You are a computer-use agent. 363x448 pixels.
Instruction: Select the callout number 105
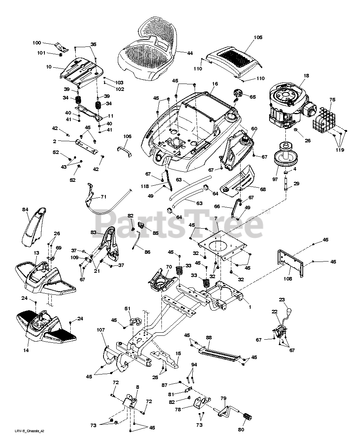pyautogui.click(x=258, y=38)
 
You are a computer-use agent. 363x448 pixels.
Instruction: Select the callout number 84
pyautogui.click(x=25, y=209)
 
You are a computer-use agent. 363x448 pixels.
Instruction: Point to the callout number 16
pyautogui.click(x=215, y=84)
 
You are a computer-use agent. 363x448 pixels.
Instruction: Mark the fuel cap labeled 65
pyautogui.click(x=237, y=94)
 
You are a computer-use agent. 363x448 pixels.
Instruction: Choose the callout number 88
pyautogui.click(x=209, y=337)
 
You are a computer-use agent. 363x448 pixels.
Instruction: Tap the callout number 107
pyautogui.click(x=101, y=330)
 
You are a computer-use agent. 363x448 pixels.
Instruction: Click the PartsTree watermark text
pyautogui.click(x=180, y=224)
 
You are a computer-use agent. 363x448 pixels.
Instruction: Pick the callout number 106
pyautogui.click(x=127, y=136)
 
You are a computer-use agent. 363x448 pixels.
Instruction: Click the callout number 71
pyautogui.click(x=103, y=197)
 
